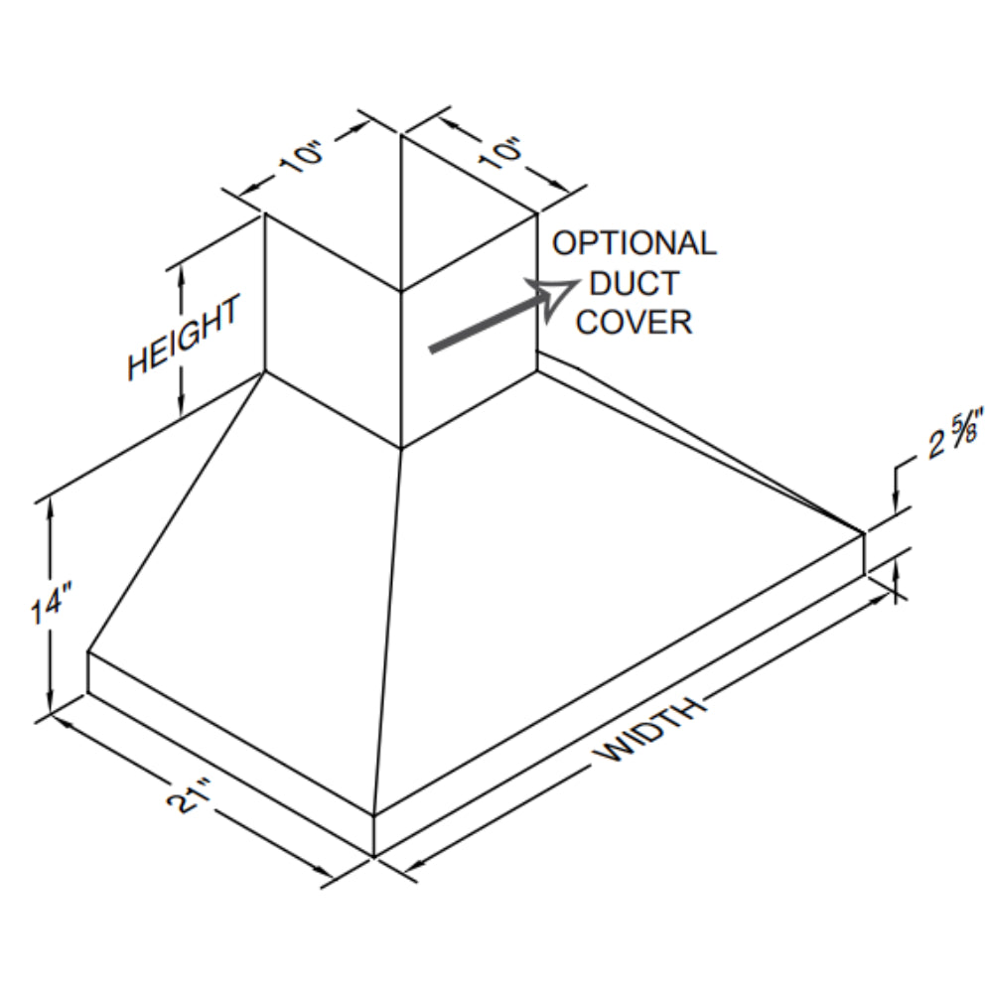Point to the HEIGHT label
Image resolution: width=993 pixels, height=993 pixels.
[183, 338]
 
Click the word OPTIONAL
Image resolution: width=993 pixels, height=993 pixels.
[634, 243]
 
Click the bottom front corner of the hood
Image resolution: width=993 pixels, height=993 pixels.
[374, 854]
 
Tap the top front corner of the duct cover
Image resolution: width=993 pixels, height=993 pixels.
[400, 292]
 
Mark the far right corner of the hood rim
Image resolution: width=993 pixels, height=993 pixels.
[864, 534]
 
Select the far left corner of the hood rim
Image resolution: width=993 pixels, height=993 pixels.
[88, 652]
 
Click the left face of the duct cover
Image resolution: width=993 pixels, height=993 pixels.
[333, 328]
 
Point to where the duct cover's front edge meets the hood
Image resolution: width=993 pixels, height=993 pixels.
[400, 447]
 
